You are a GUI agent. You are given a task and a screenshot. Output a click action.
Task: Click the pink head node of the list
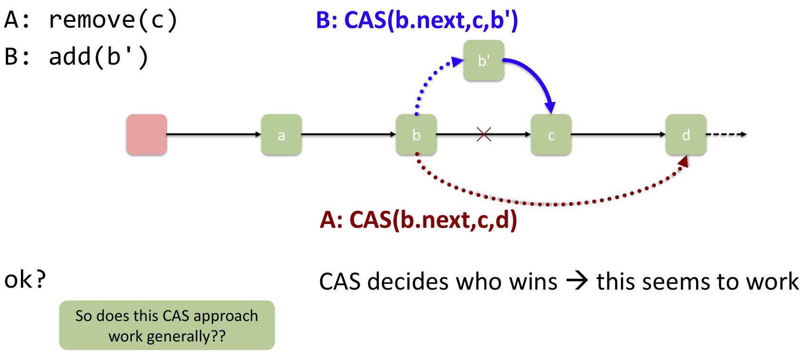pos(147,135)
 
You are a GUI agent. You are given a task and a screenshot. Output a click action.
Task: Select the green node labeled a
pos(281,135)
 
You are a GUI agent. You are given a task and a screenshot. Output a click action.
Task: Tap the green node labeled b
pos(416,135)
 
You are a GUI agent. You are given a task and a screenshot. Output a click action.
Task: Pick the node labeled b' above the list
pos(484,60)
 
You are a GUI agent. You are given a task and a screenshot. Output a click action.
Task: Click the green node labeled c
pos(551,135)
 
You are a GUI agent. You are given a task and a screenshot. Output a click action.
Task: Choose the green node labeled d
pos(686,135)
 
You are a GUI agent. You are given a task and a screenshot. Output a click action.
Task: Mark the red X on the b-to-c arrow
pos(484,135)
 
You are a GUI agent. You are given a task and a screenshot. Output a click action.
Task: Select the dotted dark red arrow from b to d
pos(547,204)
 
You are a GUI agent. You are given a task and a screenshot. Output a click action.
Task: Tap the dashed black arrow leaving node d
pos(726,135)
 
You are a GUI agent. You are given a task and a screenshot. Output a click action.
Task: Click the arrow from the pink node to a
pos(214,135)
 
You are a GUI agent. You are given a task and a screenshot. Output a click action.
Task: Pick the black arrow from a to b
pos(349,135)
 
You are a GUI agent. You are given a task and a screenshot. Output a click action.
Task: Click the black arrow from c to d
pos(618,135)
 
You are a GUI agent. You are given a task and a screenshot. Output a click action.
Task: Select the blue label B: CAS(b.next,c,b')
pos(417,20)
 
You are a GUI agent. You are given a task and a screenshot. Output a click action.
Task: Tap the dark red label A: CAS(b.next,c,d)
pos(418,220)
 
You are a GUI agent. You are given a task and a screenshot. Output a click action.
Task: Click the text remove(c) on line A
pos(113,20)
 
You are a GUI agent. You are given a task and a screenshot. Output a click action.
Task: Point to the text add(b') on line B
pos(99,57)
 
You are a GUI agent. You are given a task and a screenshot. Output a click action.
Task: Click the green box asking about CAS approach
pos(167,325)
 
